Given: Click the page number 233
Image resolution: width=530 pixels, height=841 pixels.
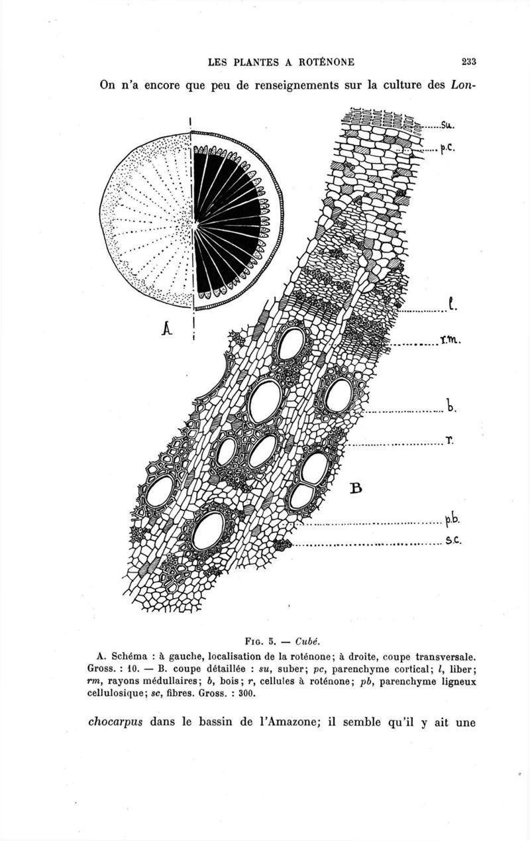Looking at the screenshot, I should pos(470,62).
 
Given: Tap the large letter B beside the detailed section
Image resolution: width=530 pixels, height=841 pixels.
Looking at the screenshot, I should pos(356,488).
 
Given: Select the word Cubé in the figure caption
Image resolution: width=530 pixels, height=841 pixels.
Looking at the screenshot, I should pos(307,641).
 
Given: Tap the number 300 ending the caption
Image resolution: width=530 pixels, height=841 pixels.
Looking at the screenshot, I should pos(247,694).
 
